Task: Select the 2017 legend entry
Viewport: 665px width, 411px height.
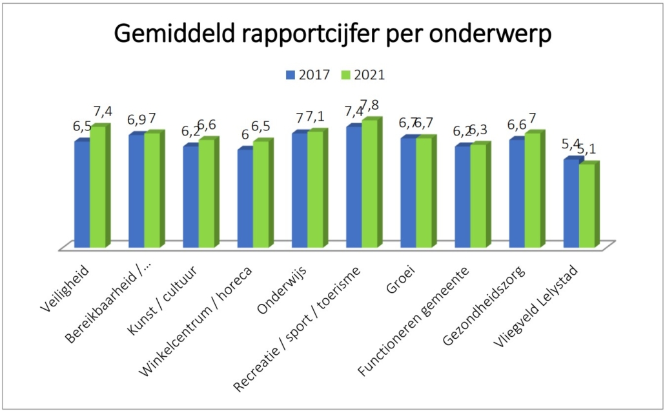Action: pyautogui.click(x=309, y=74)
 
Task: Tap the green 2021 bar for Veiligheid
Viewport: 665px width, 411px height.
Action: pyautogui.click(x=97, y=187)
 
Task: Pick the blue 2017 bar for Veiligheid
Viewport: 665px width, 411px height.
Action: pyautogui.click(x=81, y=194)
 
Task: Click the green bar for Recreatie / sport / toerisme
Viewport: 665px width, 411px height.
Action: pyautogui.click(x=369, y=184)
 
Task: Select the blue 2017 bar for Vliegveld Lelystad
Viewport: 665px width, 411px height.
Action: pyautogui.click(x=571, y=203)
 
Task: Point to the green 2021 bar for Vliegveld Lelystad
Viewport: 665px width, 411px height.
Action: pyautogui.click(x=586, y=206)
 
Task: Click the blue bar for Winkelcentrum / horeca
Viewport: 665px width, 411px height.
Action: pyautogui.click(x=245, y=198)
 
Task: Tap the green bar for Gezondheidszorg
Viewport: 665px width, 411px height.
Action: pyautogui.click(x=532, y=190)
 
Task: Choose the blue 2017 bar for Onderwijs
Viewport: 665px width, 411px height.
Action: pyautogui.click(x=299, y=190)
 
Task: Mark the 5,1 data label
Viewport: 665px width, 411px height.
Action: pyautogui.click(x=587, y=150)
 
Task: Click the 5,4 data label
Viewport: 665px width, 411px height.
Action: pyautogui.click(x=571, y=142)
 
